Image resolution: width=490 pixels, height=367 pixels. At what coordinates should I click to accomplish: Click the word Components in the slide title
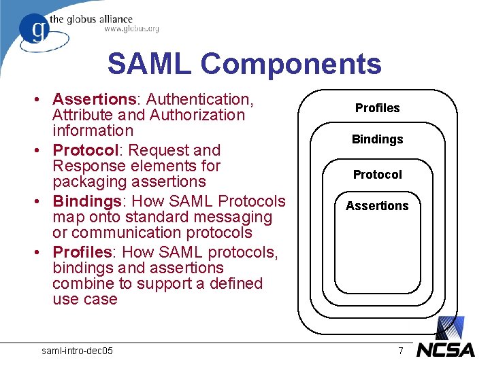coord(291,65)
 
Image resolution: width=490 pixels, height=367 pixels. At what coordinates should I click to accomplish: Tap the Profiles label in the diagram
coord(377,108)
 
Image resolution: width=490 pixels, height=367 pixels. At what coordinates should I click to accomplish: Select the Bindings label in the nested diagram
coord(377,139)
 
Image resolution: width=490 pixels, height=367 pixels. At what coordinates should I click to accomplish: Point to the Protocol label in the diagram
coord(377,175)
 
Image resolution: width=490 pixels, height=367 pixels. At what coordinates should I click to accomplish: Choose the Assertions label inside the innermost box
coord(377,206)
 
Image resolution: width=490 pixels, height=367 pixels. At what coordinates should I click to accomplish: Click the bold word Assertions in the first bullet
coord(93,100)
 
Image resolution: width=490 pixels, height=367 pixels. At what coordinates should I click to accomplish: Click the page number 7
coord(401,351)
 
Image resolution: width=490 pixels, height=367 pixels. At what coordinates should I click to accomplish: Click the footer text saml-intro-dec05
coord(78,351)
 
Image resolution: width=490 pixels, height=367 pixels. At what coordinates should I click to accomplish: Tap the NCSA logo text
coord(446,349)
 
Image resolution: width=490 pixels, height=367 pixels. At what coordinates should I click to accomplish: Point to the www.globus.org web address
coord(131,29)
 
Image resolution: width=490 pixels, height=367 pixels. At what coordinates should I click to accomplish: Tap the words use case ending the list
coord(85,299)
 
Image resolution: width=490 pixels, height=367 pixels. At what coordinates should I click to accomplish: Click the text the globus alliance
coord(100,19)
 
